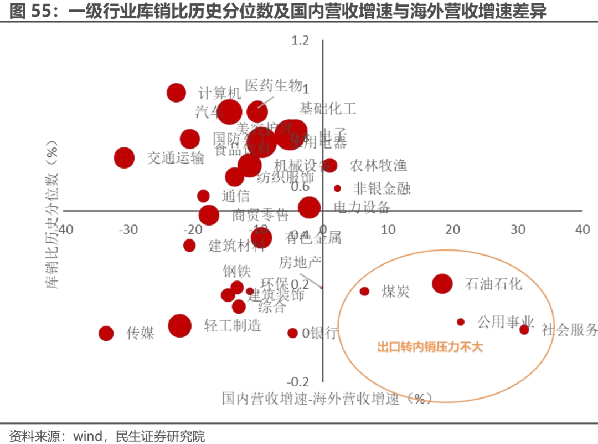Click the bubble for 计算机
(x=176, y=93)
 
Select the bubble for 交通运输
(x=124, y=157)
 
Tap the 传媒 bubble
(x=106, y=333)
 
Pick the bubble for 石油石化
(x=442, y=284)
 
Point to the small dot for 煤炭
(x=364, y=291)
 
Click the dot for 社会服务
(x=524, y=329)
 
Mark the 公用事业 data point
(x=460, y=321)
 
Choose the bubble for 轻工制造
(x=179, y=326)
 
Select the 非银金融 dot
(x=337, y=188)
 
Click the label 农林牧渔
(x=378, y=165)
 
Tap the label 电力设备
(x=362, y=207)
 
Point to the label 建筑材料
(x=236, y=246)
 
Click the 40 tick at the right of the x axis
(x=582, y=229)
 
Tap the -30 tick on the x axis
(x=128, y=229)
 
